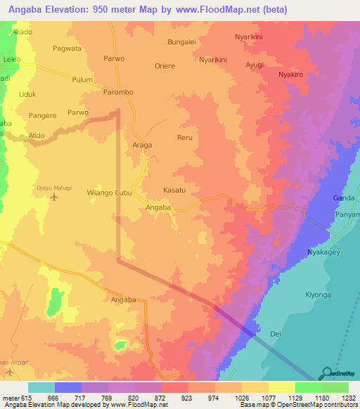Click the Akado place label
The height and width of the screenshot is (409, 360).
click(x=22, y=32)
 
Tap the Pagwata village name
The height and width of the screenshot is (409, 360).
click(x=67, y=48)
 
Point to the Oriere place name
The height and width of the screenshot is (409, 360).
click(x=164, y=66)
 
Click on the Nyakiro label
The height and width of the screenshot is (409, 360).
click(x=290, y=74)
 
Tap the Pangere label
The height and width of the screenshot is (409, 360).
click(x=42, y=115)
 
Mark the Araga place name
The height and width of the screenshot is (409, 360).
click(x=143, y=145)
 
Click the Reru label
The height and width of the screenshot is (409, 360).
click(x=185, y=138)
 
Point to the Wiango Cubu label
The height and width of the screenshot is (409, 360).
click(x=109, y=193)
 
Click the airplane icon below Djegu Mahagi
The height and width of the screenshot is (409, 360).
click(x=55, y=197)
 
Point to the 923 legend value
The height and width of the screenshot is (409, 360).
click(x=188, y=398)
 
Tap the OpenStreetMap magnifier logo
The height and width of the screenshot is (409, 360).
click(x=326, y=373)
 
